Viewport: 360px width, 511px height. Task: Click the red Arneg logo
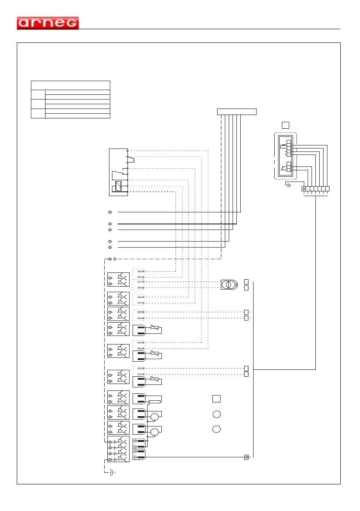48,23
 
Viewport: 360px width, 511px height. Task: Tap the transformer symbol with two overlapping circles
229,284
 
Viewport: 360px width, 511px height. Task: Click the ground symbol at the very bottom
112,472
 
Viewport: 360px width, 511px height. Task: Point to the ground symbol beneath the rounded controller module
288,185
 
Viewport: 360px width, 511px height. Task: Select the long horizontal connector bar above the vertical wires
237,112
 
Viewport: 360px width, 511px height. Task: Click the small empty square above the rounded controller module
285,125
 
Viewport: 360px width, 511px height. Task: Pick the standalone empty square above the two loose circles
217,399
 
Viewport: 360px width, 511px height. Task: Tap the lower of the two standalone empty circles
217,429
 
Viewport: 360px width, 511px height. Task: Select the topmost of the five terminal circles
110,212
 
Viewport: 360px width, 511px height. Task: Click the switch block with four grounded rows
118,449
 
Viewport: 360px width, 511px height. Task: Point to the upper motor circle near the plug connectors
154,416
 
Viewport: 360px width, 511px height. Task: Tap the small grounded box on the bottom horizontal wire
246,457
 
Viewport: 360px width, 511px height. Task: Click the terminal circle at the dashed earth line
110,259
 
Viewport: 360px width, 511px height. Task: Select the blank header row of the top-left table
71,85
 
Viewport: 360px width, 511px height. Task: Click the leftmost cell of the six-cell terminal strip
305,189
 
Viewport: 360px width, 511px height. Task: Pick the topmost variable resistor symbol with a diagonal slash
154,329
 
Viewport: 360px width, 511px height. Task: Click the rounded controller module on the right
287,156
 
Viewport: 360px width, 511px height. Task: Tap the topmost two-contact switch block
118,279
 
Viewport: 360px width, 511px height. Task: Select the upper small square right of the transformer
246,281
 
